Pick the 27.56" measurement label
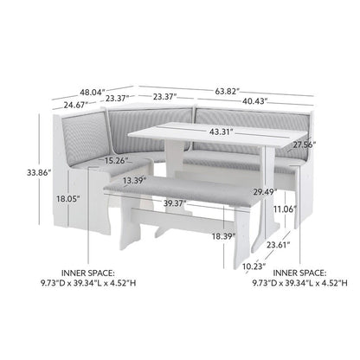pyautogui.click(x=303, y=145)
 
